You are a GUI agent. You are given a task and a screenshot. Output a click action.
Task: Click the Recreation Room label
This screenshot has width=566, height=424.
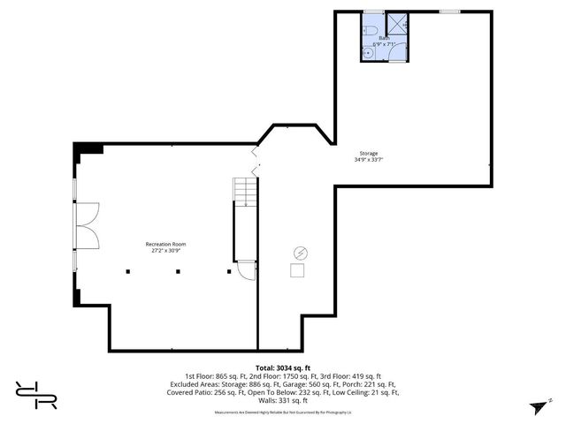pyautogui.click(x=165, y=244)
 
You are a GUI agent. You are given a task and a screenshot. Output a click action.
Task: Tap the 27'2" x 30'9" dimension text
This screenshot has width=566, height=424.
pyautogui.click(x=165, y=251)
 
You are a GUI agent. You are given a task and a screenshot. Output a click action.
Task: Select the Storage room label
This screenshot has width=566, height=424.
pyautogui.click(x=369, y=153)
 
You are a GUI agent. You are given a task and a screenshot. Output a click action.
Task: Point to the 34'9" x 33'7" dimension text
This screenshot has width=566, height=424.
pyautogui.click(x=369, y=160)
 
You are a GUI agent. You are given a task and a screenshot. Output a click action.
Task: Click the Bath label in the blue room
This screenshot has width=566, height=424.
pyautogui.click(x=384, y=38)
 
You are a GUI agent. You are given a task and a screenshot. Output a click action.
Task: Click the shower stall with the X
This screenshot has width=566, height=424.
pyautogui.click(x=399, y=24)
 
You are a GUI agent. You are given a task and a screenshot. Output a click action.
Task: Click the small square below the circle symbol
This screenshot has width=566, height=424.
pyautogui.click(x=299, y=271)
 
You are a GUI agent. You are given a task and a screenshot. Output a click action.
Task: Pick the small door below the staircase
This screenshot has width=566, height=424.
pyautogui.click(x=246, y=273)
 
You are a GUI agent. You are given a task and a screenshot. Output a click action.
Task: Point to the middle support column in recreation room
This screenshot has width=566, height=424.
pyautogui.click(x=178, y=271)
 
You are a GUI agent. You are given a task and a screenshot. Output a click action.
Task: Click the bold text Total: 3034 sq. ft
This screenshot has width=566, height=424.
pyautogui.click(x=282, y=367)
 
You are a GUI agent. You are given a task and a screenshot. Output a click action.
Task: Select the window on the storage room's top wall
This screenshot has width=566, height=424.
pyautogui.click(x=450, y=11)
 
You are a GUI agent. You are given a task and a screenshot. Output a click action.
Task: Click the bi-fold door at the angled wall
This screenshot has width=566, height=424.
pyautogui.click(x=256, y=161)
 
